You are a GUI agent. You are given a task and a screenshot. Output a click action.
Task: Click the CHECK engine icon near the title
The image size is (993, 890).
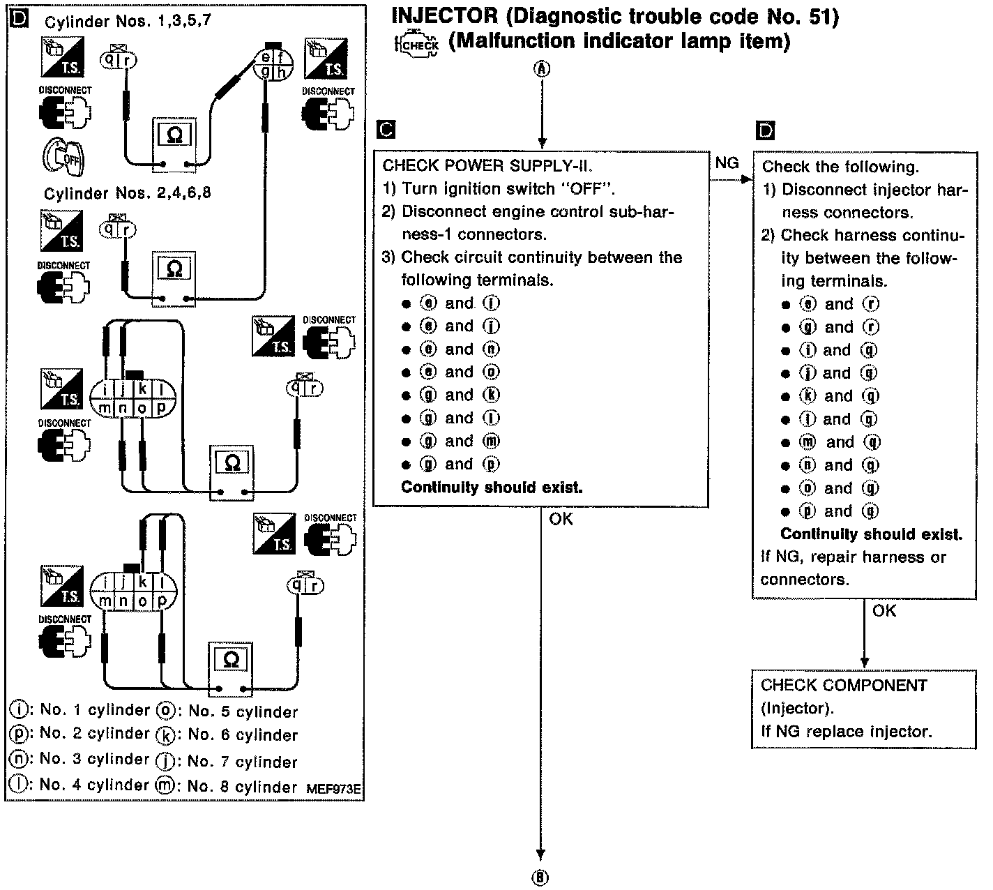tap(417, 45)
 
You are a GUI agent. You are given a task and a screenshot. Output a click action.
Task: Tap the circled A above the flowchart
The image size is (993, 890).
tap(542, 68)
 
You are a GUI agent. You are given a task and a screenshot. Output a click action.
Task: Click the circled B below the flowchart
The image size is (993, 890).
tap(540, 877)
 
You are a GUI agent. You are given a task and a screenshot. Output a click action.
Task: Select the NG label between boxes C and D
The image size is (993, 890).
tap(727, 163)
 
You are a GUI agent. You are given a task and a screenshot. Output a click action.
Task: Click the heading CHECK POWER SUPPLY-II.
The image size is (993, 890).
tap(487, 166)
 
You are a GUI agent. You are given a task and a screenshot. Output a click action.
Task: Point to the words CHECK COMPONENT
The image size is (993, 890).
tap(844, 685)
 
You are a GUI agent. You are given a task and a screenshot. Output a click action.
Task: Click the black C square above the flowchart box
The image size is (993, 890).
tap(385, 130)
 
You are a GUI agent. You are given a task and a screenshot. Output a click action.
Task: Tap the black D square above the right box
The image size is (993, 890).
tap(765, 130)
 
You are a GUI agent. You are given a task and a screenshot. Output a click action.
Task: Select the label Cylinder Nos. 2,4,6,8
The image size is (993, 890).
tap(127, 193)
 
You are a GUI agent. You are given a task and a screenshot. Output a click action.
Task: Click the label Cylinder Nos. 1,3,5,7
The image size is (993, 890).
tap(128, 22)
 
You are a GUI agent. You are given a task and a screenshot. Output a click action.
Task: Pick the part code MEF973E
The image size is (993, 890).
tap(333, 789)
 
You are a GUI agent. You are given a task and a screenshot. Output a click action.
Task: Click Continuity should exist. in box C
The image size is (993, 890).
tap(492, 488)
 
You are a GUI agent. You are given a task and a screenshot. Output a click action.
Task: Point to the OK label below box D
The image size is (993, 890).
tap(884, 610)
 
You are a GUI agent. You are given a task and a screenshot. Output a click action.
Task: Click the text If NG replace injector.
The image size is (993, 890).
tap(846, 732)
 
